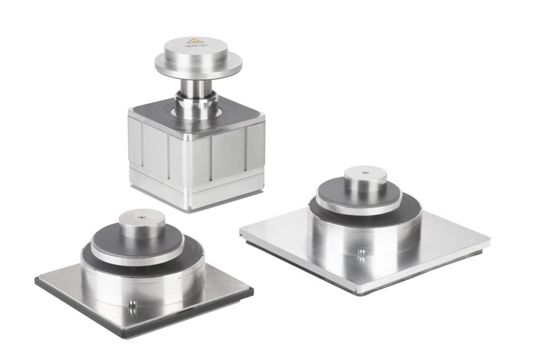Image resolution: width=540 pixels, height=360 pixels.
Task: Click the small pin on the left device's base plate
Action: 132,305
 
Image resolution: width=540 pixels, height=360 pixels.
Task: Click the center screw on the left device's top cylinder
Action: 141,217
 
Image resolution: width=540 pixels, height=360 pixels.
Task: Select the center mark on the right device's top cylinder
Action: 366,173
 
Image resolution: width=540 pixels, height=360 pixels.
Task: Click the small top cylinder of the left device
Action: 141,225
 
